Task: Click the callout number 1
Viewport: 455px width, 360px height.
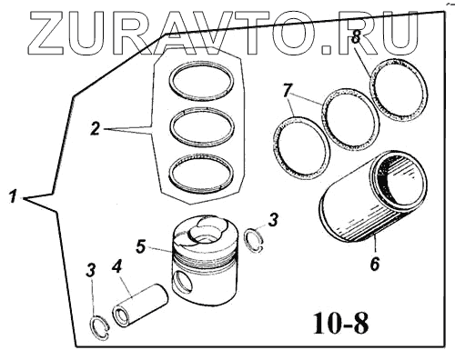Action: (13, 196)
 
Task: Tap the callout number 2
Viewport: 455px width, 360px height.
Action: (96, 128)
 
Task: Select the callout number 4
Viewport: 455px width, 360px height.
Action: (117, 267)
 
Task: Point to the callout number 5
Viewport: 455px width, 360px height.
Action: (141, 246)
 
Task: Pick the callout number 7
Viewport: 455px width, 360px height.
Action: (288, 90)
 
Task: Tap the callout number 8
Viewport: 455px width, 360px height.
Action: (355, 38)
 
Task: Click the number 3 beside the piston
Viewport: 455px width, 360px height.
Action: (273, 220)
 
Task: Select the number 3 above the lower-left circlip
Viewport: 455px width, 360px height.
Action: (91, 270)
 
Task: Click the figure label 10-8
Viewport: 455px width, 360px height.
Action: (341, 323)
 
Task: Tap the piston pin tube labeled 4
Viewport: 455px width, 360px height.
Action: (140, 305)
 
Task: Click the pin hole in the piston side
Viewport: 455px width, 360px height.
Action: (182, 282)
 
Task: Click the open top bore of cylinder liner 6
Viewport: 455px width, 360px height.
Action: (400, 183)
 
